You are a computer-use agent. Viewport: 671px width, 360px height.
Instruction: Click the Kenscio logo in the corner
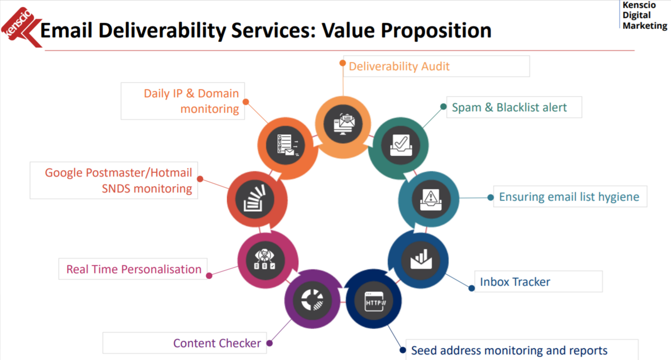point(21,27)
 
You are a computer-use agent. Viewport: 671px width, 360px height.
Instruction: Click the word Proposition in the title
point(436,30)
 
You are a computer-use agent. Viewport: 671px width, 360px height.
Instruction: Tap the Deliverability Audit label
point(399,66)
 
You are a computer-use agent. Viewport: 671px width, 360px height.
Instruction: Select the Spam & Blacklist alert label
point(509,107)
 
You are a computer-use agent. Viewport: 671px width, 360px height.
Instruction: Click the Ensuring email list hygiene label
point(569,197)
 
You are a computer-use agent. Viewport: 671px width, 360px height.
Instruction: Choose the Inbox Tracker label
point(515,282)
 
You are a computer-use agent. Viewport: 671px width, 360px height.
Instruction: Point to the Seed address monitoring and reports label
point(509,350)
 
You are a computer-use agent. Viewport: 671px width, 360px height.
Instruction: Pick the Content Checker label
point(217,343)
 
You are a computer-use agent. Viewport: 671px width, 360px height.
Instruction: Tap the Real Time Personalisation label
point(133,269)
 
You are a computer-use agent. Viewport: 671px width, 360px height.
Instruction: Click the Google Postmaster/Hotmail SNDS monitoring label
point(118,181)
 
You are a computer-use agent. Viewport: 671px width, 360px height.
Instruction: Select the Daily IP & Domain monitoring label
point(191,101)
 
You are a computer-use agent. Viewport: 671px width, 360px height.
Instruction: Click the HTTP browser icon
point(374,302)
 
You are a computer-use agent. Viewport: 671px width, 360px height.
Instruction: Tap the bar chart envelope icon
point(421,259)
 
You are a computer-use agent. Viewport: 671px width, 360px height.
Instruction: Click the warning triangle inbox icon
point(431,200)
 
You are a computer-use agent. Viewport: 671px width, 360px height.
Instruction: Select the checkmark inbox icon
point(401,145)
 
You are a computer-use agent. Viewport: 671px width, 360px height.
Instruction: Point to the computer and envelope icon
point(344,124)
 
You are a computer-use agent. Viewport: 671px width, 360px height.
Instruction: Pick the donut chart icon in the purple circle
point(312,300)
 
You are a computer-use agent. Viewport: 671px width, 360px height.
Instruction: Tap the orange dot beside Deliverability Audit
point(343,63)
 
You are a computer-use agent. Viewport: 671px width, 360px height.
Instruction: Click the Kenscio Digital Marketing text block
point(644,15)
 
